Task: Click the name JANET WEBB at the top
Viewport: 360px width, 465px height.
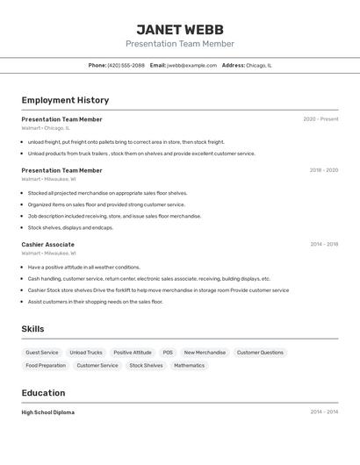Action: click(180, 30)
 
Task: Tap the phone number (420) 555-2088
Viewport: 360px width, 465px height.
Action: click(126, 65)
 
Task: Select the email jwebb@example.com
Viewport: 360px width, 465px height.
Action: click(191, 65)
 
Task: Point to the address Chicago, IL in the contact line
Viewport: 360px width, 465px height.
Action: click(258, 65)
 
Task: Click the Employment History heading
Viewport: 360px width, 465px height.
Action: click(65, 100)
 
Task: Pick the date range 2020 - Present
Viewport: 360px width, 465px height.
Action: click(320, 119)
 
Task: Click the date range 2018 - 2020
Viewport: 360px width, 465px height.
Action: click(323, 170)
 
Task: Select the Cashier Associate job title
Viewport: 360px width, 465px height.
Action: click(47, 245)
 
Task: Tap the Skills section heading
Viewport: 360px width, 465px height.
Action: click(33, 329)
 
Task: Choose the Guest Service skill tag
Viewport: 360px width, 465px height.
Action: click(42, 353)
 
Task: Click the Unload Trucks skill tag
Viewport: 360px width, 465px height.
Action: click(86, 353)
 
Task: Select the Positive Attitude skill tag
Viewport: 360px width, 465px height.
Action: click(133, 353)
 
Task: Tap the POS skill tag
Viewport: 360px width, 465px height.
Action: click(168, 353)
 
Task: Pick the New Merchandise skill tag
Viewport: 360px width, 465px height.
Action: click(205, 353)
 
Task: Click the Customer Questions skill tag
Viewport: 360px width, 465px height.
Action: click(260, 353)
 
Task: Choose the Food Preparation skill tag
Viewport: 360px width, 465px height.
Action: click(46, 366)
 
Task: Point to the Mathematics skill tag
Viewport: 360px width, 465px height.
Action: click(189, 366)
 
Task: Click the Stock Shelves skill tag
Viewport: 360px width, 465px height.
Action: click(146, 366)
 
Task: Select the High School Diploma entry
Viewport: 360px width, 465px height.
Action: click(47, 412)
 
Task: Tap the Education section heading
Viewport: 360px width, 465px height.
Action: click(43, 393)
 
